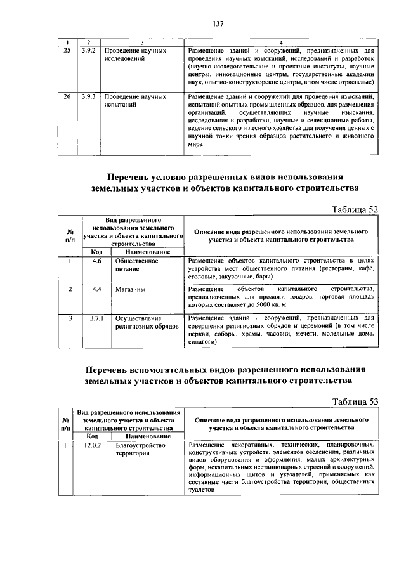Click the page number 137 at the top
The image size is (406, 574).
click(x=219, y=25)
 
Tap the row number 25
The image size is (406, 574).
click(x=67, y=49)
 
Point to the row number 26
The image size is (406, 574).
click(x=67, y=97)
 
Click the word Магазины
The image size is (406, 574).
click(x=129, y=289)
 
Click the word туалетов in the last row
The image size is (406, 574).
click(x=202, y=490)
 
